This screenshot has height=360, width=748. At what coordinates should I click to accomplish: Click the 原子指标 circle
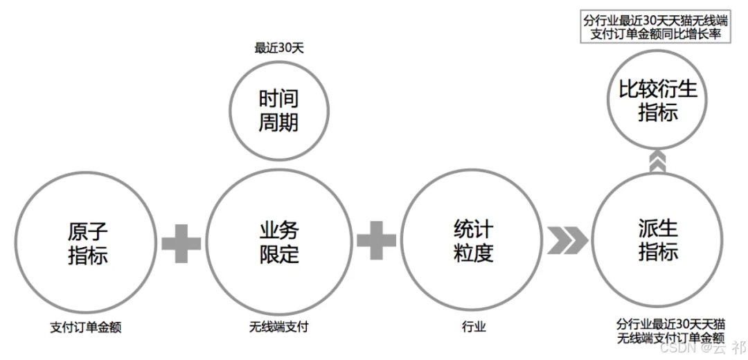[x=88, y=242]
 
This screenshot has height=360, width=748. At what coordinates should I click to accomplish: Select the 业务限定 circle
[x=279, y=242]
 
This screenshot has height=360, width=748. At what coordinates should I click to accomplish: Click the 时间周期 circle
[x=278, y=111]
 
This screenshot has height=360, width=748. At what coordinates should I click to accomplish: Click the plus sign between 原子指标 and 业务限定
[x=181, y=244]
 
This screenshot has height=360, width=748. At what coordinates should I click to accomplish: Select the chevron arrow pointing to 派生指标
[x=567, y=241]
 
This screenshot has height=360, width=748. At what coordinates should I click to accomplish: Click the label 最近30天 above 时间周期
[x=279, y=48]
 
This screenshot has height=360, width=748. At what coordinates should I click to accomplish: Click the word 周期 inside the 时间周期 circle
[x=278, y=123]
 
